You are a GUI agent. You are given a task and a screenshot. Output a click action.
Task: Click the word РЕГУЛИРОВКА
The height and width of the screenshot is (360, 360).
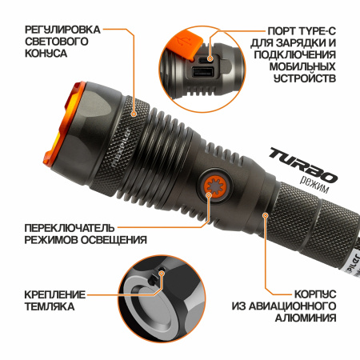[x=62, y=30]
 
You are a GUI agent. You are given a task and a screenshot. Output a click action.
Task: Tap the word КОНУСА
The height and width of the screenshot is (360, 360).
[x=46, y=53]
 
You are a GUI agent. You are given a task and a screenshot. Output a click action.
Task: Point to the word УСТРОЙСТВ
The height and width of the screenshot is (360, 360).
[x=305, y=78]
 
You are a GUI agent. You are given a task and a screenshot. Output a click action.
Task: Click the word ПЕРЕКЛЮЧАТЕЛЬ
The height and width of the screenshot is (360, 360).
[x=70, y=228]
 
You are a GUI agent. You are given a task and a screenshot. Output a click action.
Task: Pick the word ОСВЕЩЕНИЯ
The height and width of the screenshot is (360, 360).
[x=114, y=240]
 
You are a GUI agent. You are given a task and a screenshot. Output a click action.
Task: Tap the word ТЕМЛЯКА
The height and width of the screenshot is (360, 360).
[x=50, y=306]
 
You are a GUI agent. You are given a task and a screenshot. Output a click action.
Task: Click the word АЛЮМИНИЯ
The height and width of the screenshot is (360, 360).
[x=306, y=318]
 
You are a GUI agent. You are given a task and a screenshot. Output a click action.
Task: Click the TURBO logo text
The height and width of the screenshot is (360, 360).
[x=302, y=166]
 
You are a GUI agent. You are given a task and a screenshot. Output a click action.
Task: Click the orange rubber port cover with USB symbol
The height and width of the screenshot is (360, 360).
[x=185, y=44]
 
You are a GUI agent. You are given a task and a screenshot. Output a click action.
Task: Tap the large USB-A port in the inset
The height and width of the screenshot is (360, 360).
[x=202, y=72]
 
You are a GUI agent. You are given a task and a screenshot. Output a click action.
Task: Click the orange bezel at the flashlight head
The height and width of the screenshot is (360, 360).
[x=63, y=126]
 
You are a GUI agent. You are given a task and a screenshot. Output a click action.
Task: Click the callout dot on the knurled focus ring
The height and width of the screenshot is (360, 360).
[x=134, y=114]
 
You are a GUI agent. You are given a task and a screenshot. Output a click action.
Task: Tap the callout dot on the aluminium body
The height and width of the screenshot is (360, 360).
[x=265, y=215]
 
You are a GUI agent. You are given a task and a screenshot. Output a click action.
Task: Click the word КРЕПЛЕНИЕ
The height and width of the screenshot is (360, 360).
[x=55, y=294]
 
